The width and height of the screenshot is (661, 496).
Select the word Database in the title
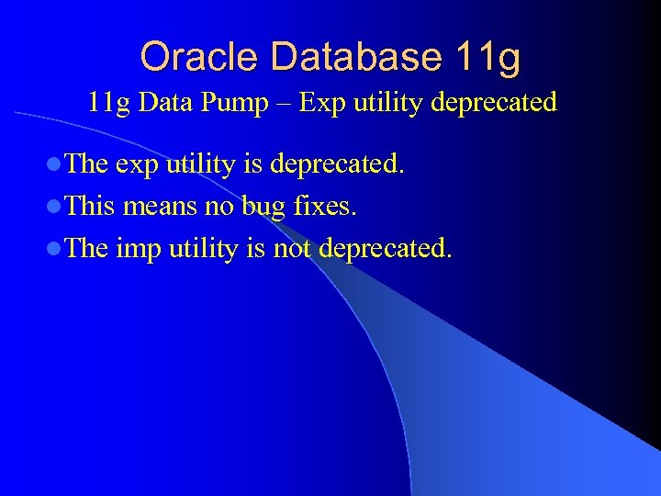click(346, 57)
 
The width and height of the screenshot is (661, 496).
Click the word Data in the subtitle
click(165, 102)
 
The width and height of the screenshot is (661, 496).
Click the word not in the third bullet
click(293, 247)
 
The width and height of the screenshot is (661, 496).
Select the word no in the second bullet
click(218, 206)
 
